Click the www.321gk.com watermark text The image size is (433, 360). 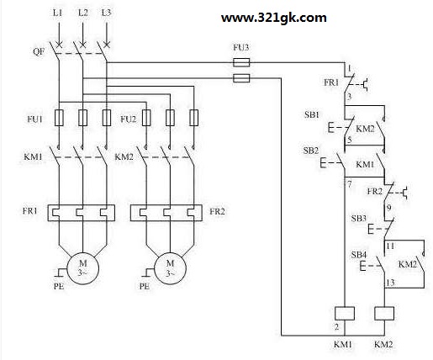click(274, 19)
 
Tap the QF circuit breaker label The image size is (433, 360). click(39, 51)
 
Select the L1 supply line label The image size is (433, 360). click(58, 13)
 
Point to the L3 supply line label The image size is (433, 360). click(106, 13)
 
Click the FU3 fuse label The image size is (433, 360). click(241, 47)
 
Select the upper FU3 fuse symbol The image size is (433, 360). click(241, 62)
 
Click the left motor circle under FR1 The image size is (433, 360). click(82, 268)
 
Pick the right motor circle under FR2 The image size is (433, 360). click(170, 268)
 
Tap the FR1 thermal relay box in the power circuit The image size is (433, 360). click(82, 213)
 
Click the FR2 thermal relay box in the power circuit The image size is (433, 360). click(166, 213)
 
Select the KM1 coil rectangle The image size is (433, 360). click(345, 314)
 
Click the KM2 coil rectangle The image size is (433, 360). click(384, 314)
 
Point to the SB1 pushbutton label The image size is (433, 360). click(312, 114)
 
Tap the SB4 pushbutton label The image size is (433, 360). click(359, 255)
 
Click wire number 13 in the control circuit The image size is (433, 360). click(390, 283)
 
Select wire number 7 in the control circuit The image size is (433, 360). click(350, 184)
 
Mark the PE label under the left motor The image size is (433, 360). click(59, 286)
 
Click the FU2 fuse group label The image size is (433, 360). click(128, 119)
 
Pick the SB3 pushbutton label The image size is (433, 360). click(359, 219)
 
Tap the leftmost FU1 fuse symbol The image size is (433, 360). click(59, 118)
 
